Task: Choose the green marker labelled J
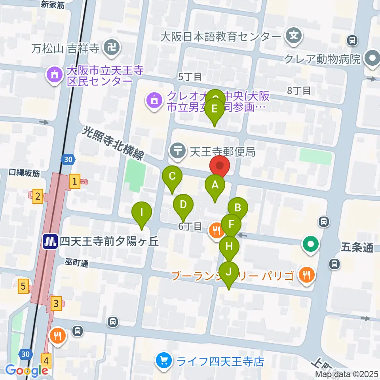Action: click(228, 272)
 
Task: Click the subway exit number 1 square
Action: click(74, 182)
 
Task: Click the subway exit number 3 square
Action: click(57, 304)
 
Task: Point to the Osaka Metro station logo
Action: click(50, 241)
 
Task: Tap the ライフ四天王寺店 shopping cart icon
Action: click(164, 361)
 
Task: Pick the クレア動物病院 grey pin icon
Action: click(372, 59)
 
